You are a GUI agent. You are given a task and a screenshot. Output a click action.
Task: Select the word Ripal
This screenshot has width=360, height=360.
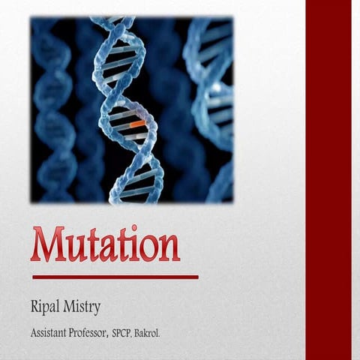click(47, 307)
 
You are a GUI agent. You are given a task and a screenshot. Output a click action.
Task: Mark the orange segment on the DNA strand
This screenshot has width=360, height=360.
click(137, 121)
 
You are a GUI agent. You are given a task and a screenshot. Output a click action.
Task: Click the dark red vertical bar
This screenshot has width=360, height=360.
click(328, 180)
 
